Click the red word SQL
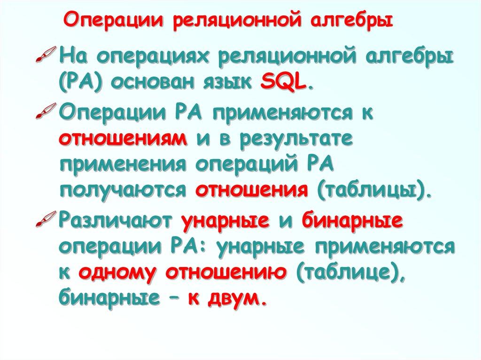(292, 85)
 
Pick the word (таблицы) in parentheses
(372, 190)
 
